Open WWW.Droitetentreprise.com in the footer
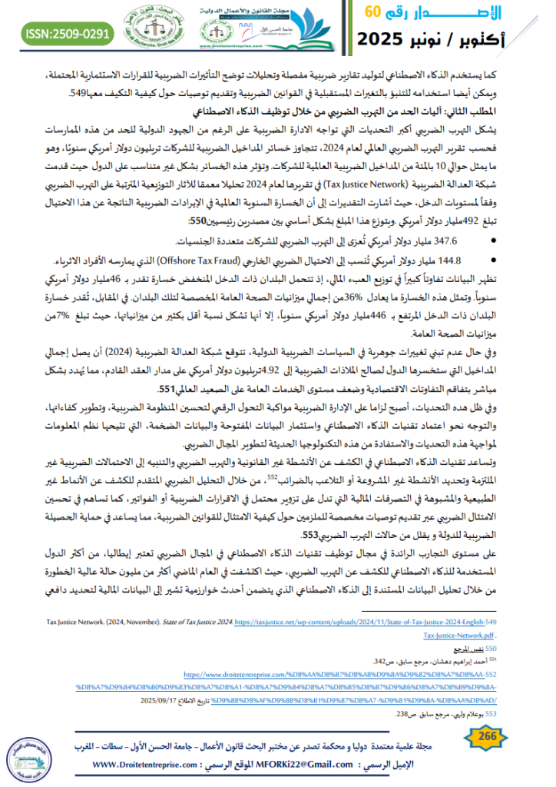[145, 765]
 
